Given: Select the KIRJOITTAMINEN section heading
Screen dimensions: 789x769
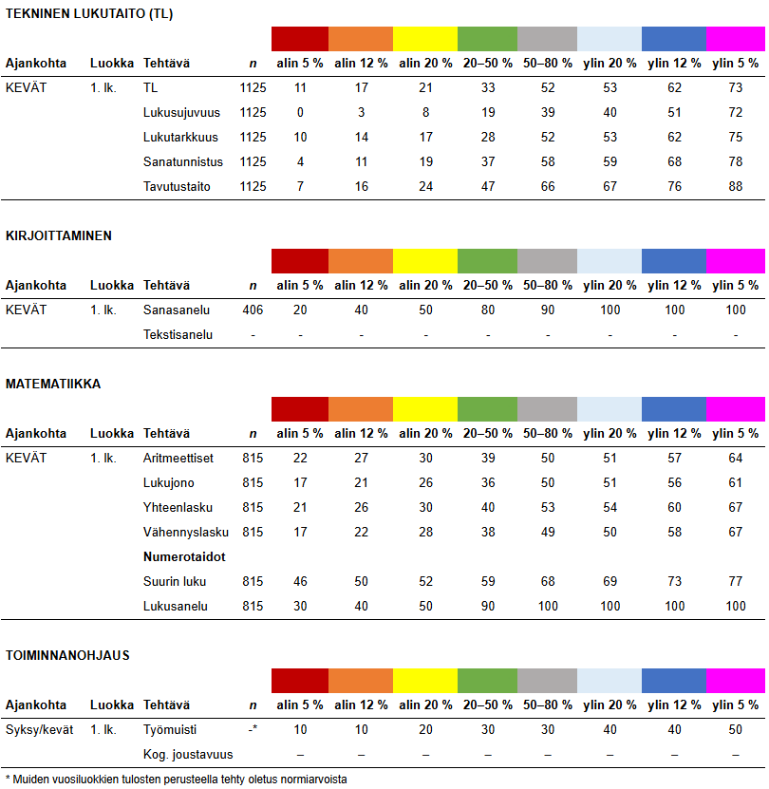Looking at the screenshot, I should (59, 235).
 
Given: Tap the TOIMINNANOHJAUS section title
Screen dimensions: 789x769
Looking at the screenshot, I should (67, 655).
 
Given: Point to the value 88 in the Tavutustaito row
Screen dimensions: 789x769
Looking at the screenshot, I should (735, 186).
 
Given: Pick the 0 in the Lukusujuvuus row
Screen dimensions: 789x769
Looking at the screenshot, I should (300, 112).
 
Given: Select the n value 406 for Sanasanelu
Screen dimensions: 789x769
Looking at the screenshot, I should (253, 310).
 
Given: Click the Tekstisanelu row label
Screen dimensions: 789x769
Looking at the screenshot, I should (178, 334).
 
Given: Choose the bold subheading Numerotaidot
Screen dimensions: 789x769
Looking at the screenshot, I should (184, 556).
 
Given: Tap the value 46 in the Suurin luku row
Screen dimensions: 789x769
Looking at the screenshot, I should (300, 581).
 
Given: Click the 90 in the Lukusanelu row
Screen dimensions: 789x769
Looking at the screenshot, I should (488, 606).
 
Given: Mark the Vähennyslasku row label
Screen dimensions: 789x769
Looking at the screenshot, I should (186, 532).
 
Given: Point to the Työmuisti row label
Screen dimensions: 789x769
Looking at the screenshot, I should (171, 729).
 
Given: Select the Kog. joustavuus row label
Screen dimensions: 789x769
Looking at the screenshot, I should (188, 754).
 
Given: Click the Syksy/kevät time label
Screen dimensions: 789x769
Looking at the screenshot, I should (39, 729).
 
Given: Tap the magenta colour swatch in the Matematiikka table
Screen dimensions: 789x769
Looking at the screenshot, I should (735, 409).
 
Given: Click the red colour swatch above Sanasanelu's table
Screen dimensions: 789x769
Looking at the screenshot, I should (300, 261).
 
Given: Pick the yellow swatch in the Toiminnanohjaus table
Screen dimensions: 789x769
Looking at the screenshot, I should (424, 681).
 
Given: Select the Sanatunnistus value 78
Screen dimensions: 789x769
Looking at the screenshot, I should (735, 161).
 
